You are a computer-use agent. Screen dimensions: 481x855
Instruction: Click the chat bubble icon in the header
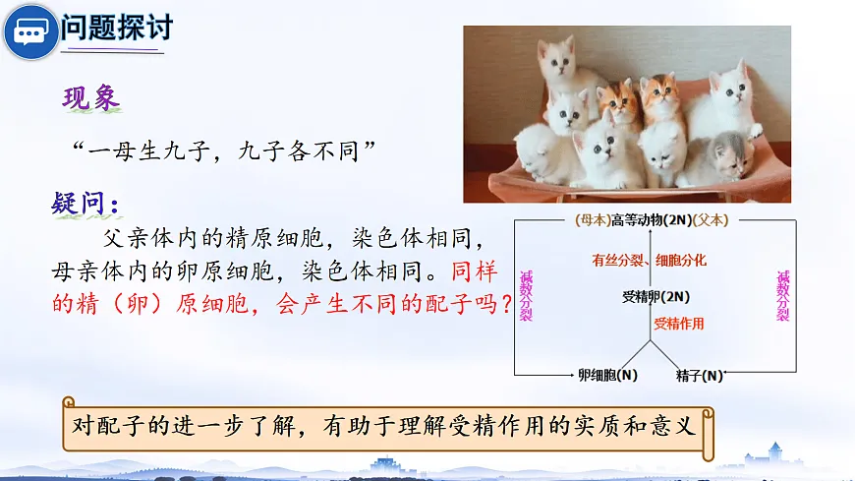[29, 32]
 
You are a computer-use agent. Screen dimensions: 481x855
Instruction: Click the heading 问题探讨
[116, 27]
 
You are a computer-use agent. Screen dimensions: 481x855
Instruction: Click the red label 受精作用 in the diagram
[678, 323]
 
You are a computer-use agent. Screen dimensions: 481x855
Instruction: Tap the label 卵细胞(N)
[607, 375]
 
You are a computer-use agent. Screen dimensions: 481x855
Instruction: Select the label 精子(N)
[700, 375]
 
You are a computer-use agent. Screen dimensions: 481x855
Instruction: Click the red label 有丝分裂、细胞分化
[649, 261]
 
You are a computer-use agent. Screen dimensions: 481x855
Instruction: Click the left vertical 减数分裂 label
[526, 295]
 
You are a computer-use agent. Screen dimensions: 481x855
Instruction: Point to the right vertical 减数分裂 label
[782, 295]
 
